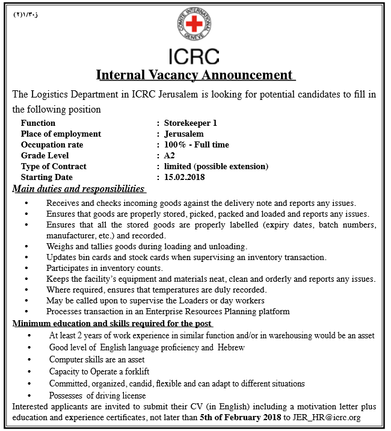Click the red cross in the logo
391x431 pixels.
coord(194,25)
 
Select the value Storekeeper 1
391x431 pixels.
coord(190,123)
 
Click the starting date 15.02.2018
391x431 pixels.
coord(185,177)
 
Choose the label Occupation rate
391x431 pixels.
coord(52,144)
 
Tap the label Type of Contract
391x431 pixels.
coord(54,166)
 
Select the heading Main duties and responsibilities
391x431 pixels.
coord(79,189)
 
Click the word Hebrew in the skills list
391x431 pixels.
coord(231,347)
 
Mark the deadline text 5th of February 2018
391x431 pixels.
coord(241,417)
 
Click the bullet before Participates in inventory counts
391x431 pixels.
coord(27,268)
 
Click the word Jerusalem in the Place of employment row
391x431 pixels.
coord(184,134)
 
